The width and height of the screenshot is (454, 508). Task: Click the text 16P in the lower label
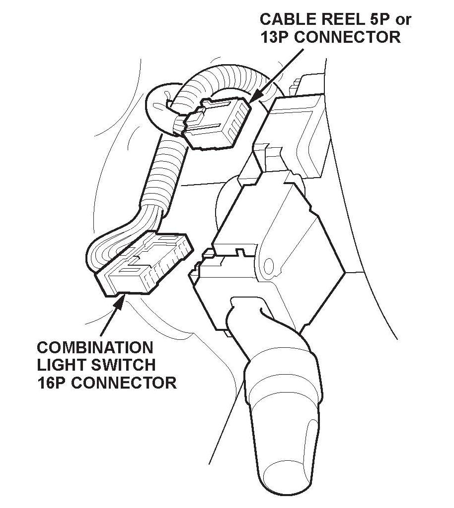tap(52, 383)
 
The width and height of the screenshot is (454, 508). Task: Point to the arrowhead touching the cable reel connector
tap(253, 100)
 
